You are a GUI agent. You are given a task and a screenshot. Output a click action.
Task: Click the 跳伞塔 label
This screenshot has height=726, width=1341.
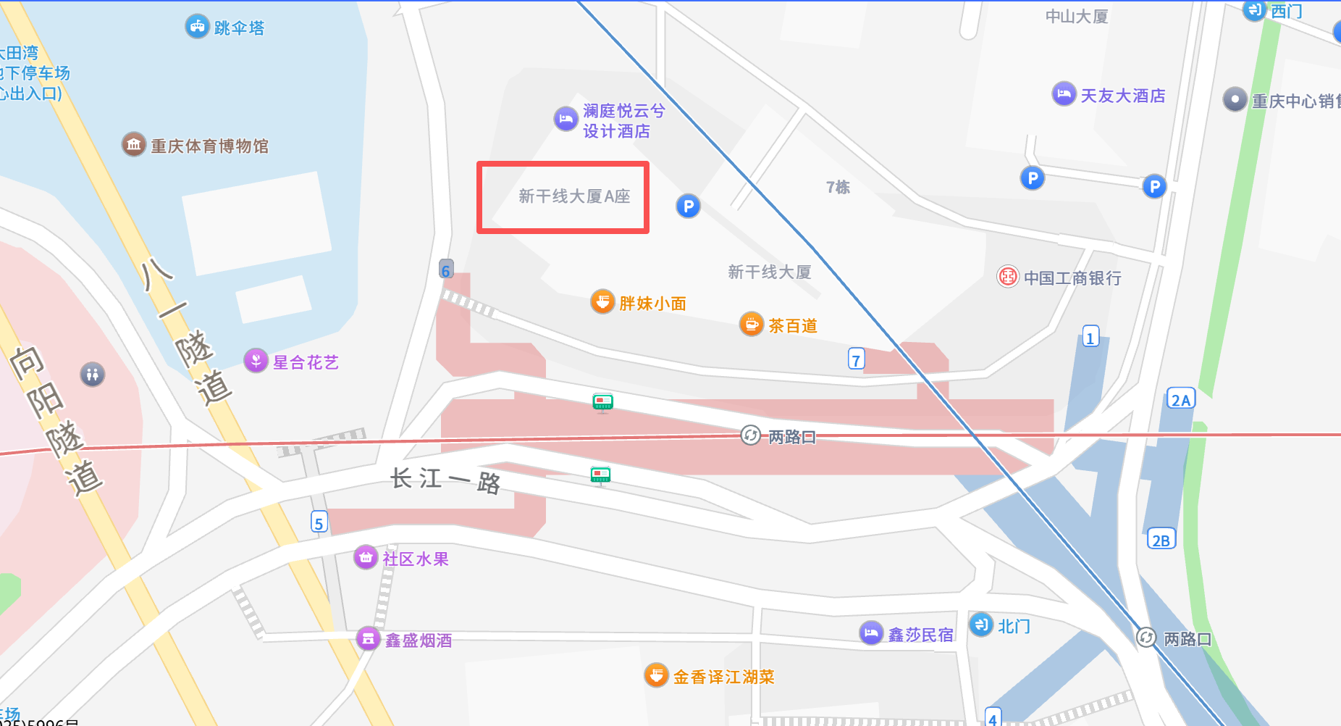(x=239, y=28)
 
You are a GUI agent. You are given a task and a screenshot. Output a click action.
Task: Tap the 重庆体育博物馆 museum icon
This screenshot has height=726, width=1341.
(x=134, y=145)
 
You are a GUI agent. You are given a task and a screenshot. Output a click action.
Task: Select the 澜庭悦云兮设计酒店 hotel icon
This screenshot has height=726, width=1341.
(x=566, y=119)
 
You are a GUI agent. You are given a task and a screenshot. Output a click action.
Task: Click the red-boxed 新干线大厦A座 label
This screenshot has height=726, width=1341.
(x=574, y=196)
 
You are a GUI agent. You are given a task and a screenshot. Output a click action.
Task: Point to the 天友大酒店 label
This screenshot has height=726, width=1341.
(x=1123, y=96)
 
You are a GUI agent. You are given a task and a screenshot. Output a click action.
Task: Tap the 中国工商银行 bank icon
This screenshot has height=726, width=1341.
(x=1008, y=277)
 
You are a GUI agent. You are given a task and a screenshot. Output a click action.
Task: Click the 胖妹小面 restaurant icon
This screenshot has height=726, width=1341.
(x=602, y=301)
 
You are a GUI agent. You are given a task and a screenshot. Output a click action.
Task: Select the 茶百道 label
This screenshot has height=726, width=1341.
(x=793, y=326)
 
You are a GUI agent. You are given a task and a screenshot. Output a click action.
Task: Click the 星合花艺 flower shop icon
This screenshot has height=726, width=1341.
(x=256, y=360)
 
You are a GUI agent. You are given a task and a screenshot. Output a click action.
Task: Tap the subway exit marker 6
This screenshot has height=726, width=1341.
(x=446, y=270)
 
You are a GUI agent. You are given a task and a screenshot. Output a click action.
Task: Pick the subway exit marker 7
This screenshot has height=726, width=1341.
(x=857, y=359)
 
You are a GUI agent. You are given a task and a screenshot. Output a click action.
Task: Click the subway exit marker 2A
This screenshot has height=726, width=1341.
(x=1181, y=399)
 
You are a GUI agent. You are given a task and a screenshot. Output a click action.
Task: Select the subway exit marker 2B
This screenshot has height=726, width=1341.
(x=1161, y=540)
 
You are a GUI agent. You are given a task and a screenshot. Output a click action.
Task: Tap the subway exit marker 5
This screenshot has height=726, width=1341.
(x=319, y=522)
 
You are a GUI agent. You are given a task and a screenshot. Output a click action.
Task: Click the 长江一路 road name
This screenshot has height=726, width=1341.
(x=445, y=480)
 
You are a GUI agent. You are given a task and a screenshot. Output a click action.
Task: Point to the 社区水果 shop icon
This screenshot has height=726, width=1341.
(x=366, y=557)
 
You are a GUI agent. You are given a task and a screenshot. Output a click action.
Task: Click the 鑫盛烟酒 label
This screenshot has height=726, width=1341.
(x=419, y=641)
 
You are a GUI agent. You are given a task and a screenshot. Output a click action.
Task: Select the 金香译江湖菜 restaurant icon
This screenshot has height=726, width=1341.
(x=656, y=675)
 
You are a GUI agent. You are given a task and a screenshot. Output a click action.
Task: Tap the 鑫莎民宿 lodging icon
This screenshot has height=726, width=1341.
(x=871, y=633)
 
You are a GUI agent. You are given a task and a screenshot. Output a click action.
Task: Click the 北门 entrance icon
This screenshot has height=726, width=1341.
(x=981, y=625)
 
